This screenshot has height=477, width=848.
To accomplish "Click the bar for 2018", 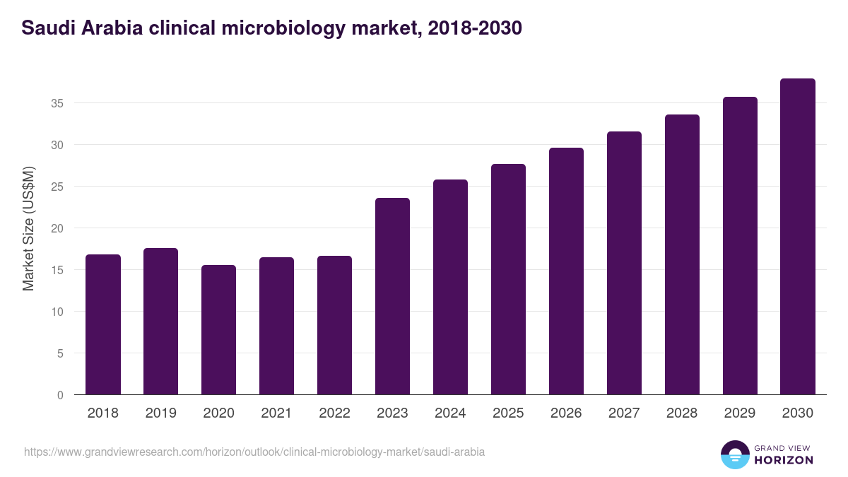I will (103, 324).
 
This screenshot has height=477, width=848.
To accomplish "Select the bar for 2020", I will (218, 330).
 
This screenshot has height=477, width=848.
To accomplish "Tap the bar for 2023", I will (392, 296).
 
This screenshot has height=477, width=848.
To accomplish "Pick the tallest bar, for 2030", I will (798, 237).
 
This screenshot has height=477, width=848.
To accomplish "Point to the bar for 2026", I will (566, 271).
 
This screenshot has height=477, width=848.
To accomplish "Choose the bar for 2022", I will (334, 325).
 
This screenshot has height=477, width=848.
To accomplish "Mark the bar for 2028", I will (682, 254).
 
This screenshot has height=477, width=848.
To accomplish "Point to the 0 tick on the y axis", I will (61, 395).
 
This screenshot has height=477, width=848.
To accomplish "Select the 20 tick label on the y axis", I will (57, 228).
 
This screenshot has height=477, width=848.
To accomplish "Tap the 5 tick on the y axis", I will (61, 353).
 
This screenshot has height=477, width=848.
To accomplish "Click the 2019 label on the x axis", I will (161, 413).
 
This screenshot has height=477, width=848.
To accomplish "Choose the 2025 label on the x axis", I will (508, 413).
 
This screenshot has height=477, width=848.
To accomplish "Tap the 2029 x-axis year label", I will (740, 413).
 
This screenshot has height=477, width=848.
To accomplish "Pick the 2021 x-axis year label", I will (276, 413).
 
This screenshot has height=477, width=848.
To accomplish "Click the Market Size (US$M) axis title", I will (29, 228).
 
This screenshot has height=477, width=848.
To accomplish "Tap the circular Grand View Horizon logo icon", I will (734, 454).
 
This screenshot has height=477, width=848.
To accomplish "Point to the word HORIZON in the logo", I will (783, 460).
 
